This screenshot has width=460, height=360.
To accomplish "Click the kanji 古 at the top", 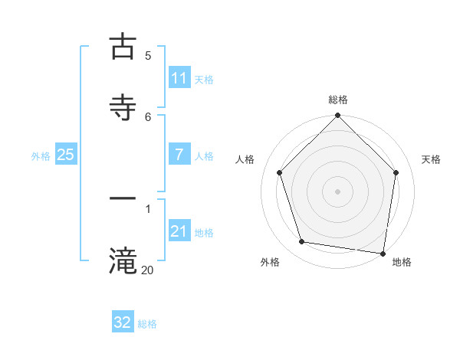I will click(x=123, y=47).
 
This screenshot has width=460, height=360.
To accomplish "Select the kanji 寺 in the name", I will click(x=123, y=107).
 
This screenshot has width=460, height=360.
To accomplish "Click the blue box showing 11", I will click(x=179, y=78).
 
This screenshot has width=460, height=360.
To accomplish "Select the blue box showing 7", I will click(x=179, y=155).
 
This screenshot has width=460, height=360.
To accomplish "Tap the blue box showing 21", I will click(x=179, y=231).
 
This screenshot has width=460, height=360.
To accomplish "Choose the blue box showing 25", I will click(x=66, y=155).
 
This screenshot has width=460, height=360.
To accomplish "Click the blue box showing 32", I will click(x=123, y=322).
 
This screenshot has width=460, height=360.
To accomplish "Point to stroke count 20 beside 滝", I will click(x=147, y=269).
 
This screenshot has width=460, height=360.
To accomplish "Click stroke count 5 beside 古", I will click(x=148, y=55).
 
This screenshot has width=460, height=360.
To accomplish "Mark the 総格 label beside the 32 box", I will click(x=147, y=323).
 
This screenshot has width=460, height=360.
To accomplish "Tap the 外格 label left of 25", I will click(x=41, y=155).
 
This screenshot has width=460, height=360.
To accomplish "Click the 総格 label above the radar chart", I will click(x=337, y=100).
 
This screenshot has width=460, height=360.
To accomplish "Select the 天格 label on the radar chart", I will click(x=431, y=159).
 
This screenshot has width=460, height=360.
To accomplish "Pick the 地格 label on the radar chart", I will click(x=402, y=262).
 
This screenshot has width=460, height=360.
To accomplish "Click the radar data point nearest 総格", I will click(x=337, y=116).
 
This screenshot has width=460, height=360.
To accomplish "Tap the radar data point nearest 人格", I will click(x=280, y=172).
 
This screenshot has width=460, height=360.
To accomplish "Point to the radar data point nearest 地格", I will click(x=383, y=253).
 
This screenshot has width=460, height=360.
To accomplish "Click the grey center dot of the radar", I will click(x=337, y=191).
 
